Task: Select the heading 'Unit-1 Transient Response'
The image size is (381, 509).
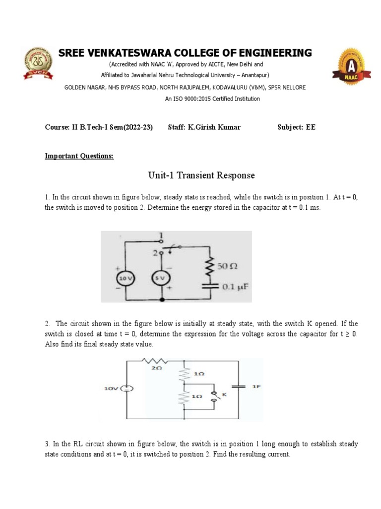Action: coord(201,175)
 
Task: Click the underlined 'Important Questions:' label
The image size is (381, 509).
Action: coord(79,156)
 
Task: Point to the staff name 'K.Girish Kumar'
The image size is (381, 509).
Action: coord(214,127)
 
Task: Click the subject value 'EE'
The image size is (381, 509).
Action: coord(311,127)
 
